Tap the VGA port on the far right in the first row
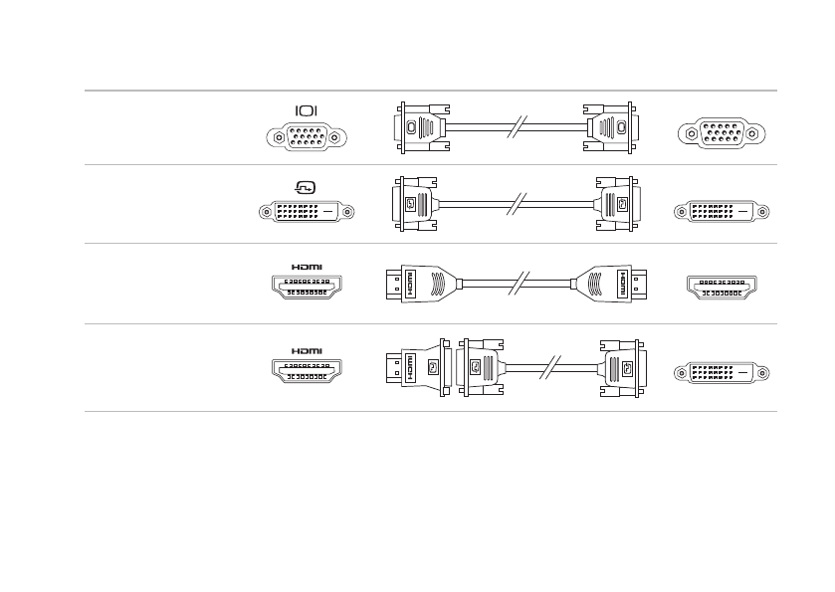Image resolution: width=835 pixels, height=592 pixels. click(716, 134)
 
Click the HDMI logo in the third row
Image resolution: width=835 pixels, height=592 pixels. click(307, 267)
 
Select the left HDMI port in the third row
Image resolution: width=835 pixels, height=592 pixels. click(307, 290)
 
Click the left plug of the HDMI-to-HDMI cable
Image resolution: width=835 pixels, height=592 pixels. click(424, 285)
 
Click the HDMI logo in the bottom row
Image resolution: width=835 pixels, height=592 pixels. click(307, 350)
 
